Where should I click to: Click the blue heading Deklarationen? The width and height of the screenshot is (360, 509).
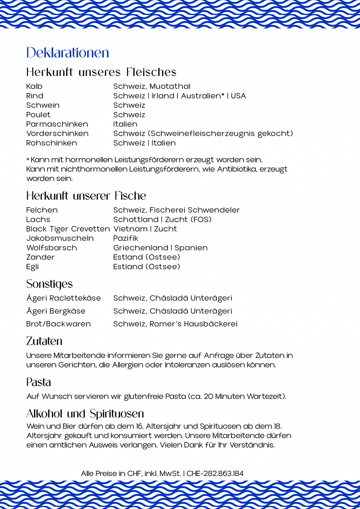(67, 53)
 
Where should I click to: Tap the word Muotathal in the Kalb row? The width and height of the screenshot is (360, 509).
(170, 86)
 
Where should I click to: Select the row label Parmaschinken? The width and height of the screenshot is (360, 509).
(57, 124)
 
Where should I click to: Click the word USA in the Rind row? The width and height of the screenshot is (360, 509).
(238, 96)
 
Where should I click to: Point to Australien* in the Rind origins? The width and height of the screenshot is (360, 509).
(202, 96)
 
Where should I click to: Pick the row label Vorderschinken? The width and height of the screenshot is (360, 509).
(57, 133)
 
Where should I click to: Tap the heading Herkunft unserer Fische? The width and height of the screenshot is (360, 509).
(86, 196)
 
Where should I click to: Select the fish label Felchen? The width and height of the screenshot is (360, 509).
(42, 210)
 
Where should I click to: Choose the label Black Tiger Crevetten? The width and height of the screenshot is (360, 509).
(68, 229)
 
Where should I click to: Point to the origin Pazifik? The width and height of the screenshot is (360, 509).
(126, 238)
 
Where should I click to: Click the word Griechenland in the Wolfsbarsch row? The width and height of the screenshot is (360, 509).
(141, 248)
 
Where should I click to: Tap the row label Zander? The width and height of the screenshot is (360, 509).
(40, 257)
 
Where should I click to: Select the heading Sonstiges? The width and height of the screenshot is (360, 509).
(49, 284)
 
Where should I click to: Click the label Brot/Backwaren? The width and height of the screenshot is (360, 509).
(58, 324)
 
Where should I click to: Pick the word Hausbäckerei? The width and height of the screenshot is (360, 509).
(211, 324)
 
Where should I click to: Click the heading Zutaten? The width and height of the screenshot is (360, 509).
(44, 341)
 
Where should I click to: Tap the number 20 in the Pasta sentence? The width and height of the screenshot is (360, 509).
(208, 396)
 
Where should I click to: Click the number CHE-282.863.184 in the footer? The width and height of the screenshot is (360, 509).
(215, 473)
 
